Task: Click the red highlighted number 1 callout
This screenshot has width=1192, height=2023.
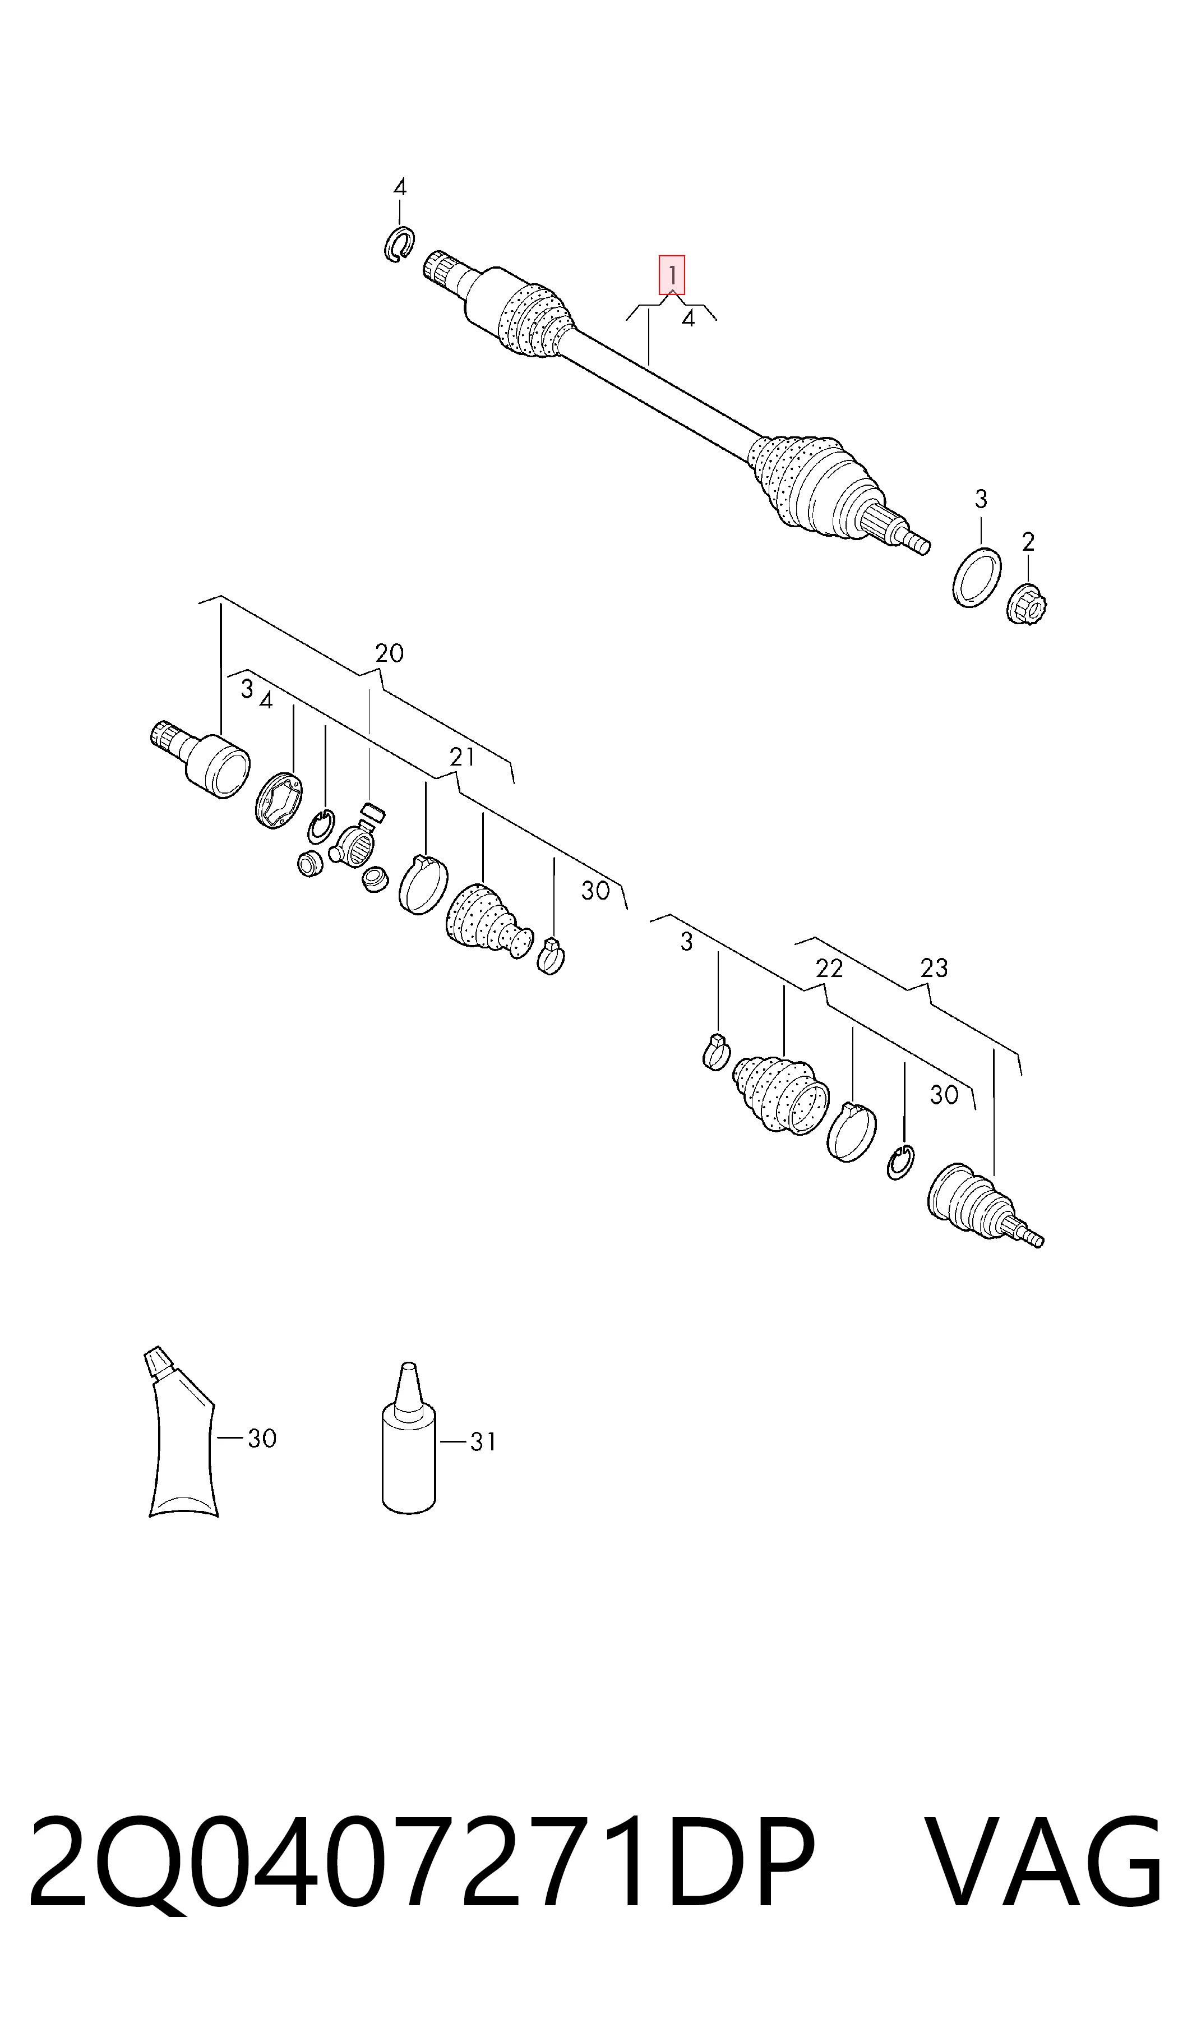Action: pyautogui.click(x=672, y=275)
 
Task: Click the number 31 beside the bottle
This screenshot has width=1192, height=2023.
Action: pyautogui.click(x=483, y=1442)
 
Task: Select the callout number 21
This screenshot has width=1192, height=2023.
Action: pyautogui.click(x=462, y=757)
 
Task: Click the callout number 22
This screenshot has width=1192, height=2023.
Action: pyautogui.click(x=829, y=968)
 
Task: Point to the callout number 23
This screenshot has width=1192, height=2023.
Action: pyautogui.click(x=934, y=968)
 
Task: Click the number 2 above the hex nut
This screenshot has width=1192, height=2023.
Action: pyautogui.click(x=1028, y=542)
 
